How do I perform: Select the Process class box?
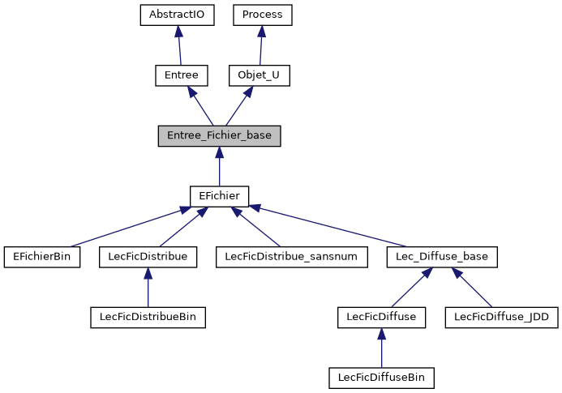(x=262, y=15)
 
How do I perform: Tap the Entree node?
(x=182, y=75)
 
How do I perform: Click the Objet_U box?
(x=259, y=75)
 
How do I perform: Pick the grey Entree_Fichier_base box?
(x=219, y=135)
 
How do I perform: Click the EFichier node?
(x=219, y=196)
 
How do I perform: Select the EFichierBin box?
(x=42, y=257)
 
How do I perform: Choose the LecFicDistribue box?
(x=148, y=257)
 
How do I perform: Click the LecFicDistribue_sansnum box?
(x=292, y=257)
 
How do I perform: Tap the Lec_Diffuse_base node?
(x=442, y=257)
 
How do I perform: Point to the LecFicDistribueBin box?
(x=148, y=317)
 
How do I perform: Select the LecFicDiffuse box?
(x=381, y=317)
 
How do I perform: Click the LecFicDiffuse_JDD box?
(x=502, y=317)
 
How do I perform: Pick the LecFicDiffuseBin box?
(x=381, y=378)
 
